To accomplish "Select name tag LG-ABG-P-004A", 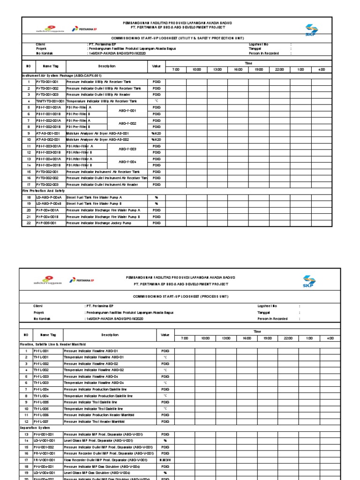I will point(48,197).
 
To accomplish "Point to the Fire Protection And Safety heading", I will point(44,191).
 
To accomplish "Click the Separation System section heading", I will point(36,428).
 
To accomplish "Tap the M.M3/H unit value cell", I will point(165,460).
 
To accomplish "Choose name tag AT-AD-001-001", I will point(48,133).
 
